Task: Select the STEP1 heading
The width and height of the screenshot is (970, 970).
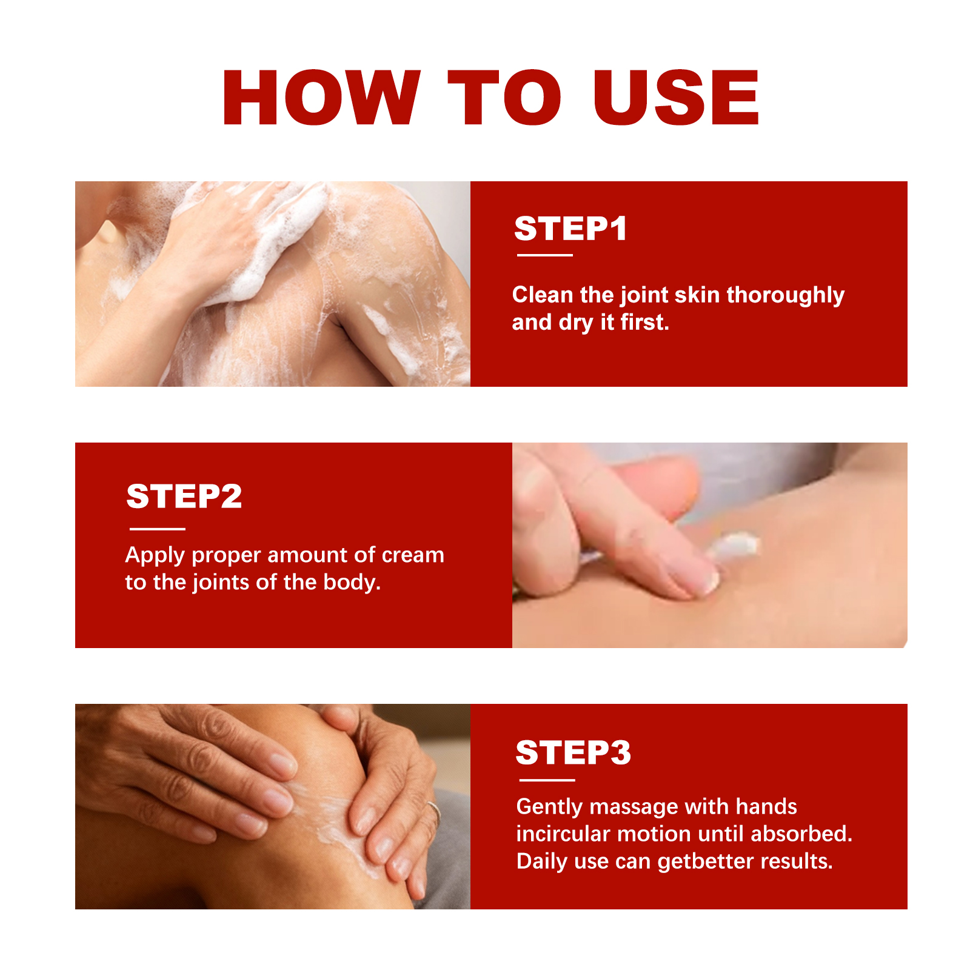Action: point(570,229)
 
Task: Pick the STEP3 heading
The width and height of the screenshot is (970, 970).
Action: point(574,752)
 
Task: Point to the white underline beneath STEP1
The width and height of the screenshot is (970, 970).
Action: point(544,255)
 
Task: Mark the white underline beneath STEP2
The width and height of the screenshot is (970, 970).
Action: point(157,529)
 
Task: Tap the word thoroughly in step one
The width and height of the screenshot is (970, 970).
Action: point(786,296)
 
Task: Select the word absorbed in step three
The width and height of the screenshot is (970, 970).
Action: point(801,834)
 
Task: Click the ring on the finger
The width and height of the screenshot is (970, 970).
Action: point(433,811)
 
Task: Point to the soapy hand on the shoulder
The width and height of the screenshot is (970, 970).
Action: point(242,242)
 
